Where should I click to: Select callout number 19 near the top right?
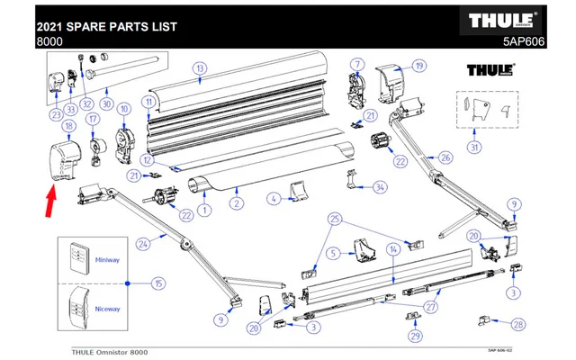point(418,65)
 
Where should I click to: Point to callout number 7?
point(356,64)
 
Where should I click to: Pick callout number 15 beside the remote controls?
point(158,283)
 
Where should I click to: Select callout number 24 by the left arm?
point(141,244)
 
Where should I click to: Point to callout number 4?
point(272,198)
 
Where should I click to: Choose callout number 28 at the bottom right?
point(518,323)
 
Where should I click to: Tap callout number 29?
point(414,336)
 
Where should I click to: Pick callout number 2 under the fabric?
point(236,203)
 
